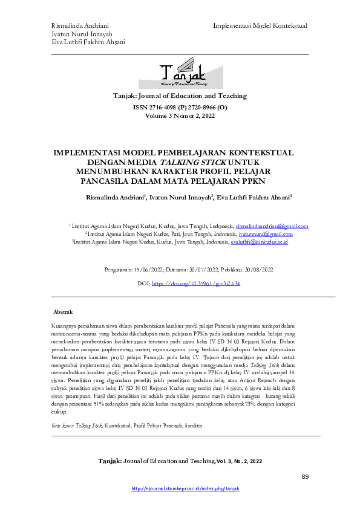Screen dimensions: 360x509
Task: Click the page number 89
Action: (x=305, y=477)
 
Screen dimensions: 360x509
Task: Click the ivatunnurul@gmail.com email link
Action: (x=266, y=233)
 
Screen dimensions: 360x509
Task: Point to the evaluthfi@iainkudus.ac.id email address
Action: (x=259, y=242)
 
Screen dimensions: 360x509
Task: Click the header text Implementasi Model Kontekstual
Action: (x=260, y=26)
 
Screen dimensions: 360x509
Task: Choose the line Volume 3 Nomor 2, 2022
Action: (x=180, y=115)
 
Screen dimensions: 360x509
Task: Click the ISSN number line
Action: (x=180, y=107)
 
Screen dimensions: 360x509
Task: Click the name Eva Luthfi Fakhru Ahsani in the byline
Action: (x=255, y=196)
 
